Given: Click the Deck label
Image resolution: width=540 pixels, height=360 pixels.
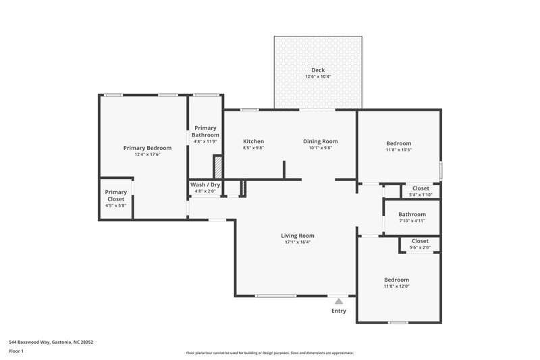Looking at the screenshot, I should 317,70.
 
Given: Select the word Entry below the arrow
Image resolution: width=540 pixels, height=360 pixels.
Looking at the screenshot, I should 339,311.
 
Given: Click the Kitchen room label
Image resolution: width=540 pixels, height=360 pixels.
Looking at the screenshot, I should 253,141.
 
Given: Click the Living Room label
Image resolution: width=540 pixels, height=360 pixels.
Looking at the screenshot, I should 298,236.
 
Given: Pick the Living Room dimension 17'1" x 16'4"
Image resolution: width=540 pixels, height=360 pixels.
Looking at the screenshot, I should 298,242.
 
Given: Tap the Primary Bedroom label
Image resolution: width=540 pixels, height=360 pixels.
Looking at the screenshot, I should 147,147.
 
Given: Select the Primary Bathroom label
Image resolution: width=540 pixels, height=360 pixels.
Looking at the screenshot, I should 205,131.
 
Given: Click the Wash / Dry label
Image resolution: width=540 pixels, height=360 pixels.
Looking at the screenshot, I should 205,184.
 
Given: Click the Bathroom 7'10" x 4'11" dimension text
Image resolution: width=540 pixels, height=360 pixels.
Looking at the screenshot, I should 412,221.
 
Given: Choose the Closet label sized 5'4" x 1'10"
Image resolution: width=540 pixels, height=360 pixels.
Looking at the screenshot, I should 420,188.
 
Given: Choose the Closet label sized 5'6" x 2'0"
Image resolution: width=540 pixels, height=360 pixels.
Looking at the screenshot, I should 420,241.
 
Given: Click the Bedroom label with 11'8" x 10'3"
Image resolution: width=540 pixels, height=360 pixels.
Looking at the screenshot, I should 398,143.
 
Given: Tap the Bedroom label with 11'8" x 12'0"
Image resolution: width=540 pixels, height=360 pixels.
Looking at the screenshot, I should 396,280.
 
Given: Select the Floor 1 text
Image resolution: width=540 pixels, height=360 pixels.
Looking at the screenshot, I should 17,352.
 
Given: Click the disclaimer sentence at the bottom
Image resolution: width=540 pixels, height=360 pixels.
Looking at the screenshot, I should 269,353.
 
